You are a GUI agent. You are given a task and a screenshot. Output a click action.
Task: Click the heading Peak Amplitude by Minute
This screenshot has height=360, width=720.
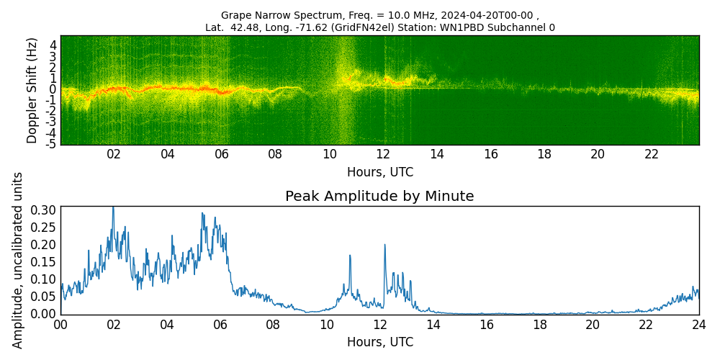click(x=379, y=197)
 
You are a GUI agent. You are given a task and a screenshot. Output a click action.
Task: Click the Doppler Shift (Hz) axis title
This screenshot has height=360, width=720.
click(x=32, y=91)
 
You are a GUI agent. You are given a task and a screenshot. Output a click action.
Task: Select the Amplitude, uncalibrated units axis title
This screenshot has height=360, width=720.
click(x=18, y=260)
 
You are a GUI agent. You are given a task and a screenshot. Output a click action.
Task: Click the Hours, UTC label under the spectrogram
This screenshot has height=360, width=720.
click(x=379, y=172)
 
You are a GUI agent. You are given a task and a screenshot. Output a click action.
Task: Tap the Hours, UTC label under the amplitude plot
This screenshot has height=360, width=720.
click(x=379, y=342)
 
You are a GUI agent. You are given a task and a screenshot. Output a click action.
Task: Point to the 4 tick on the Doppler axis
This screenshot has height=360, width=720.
click(x=53, y=44)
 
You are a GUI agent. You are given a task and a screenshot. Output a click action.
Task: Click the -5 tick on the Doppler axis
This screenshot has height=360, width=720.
click(x=50, y=145)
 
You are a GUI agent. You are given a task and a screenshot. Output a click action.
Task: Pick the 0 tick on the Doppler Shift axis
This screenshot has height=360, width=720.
click(x=53, y=89)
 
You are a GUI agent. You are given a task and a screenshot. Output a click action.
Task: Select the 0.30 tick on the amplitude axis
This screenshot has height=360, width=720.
click(x=44, y=210)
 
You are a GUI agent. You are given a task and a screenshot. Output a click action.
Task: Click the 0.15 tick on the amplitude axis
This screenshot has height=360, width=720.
click(x=44, y=262)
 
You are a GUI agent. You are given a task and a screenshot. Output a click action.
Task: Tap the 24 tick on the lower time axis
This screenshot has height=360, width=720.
click(x=698, y=325)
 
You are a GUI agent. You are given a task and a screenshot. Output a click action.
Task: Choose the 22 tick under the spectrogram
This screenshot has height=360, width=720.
click(x=652, y=154)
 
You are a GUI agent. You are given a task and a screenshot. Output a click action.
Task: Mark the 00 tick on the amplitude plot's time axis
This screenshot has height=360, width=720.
click(x=60, y=325)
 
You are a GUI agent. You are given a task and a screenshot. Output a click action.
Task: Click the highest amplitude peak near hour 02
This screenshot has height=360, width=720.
click(x=113, y=207)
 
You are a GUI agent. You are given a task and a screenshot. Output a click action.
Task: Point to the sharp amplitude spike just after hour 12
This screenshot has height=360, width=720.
click(x=384, y=245)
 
